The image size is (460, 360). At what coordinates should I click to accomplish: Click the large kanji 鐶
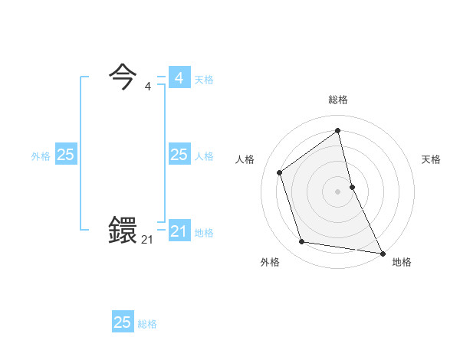tap(123, 230)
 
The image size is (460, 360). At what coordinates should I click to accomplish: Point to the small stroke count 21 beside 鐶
tap(147, 240)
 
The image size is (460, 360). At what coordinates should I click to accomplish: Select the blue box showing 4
tap(179, 78)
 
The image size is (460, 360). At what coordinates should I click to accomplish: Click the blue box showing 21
tap(179, 231)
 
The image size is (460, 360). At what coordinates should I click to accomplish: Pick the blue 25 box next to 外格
tap(65, 155)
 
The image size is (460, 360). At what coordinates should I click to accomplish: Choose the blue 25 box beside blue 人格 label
tap(179, 155)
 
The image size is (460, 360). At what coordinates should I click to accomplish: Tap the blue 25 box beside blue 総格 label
tap(123, 322)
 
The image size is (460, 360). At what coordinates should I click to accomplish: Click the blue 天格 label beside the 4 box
tap(204, 80)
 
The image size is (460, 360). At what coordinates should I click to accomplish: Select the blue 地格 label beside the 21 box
tap(204, 233)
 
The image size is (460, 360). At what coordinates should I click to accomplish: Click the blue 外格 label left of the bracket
tap(41, 156)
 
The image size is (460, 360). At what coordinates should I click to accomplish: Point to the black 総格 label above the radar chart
tap(338, 100)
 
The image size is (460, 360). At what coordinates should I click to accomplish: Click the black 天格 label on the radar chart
tap(432, 159)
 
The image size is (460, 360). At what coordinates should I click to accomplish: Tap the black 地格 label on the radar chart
tap(402, 262)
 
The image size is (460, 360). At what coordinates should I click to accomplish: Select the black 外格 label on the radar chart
tap(270, 262)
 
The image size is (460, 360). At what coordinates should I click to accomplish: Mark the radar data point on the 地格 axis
tap(382, 253)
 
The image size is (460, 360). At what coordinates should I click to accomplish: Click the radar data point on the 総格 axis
tap(338, 130)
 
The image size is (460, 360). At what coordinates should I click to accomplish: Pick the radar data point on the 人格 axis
tap(280, 172)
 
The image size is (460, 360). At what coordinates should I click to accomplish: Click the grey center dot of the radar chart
tap(338, 191)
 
